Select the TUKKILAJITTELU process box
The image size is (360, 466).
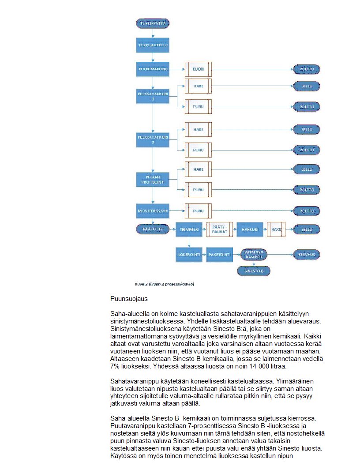click(153, 45)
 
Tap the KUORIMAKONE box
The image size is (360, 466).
click(153, 69)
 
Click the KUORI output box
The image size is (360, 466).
click(198, 69)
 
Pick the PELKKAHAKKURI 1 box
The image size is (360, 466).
click(153, 96)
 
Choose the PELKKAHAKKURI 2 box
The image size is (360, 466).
click(153, 140)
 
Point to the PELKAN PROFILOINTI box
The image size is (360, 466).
click(153, 180)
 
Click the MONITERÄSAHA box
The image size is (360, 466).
click(153, 211)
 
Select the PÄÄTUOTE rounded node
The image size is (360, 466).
click(153, 229)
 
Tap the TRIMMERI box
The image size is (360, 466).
click(189, 229)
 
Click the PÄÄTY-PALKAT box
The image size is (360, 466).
click(219, 229)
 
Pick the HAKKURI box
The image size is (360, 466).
click(250, 229)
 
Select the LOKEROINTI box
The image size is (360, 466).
click(189, 255)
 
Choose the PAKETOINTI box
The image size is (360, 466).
click(219, 255)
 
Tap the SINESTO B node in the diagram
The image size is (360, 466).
click(253, 271)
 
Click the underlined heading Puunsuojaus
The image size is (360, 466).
click(129, 299)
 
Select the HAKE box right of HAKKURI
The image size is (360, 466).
click(276, 229)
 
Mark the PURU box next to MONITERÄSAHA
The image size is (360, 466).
click(198, 211)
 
